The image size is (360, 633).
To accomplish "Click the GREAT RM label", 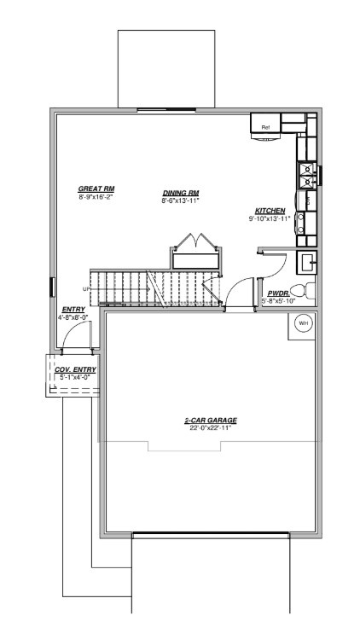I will [96, 189].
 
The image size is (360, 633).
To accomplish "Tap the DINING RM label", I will [181, 193].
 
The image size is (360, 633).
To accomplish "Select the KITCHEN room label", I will [270, 211].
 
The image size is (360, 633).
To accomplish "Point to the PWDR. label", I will [277, 293].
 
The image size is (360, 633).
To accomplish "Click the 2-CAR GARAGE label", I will [210, 421].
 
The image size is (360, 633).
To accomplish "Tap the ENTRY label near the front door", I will [73, 310].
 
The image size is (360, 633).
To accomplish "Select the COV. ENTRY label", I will [75, 369].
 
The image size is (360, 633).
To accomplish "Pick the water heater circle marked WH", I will [303, 323].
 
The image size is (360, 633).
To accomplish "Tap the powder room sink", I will [306, 260].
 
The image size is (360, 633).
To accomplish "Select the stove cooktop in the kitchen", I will [305, 175].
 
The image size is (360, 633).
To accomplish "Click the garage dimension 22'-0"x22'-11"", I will [210, 428].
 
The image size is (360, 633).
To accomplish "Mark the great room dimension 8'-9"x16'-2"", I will [96, 196].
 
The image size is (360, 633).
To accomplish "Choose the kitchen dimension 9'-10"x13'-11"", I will [270, 218].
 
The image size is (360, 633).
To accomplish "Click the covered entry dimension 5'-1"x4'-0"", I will [75, 376].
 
